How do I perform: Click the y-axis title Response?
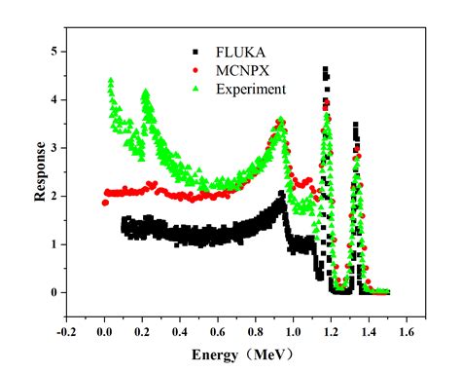click(40, 171)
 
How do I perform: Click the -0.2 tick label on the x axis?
click(66, 329)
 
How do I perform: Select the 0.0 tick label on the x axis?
click(104, 329)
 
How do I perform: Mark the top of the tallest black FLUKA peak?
click(325, 68)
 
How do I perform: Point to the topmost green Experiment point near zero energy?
click(111, 80)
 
